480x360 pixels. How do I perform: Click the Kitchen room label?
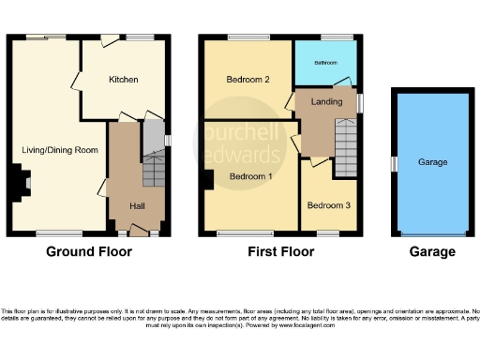coord(123,80)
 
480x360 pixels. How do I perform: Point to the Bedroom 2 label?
coord(248,81)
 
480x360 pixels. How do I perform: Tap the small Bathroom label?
coord(325,63)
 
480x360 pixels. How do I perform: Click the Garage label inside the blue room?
coord(432,161)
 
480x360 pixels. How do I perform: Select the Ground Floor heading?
coord(89,251)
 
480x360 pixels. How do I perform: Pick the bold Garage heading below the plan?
coord(432,251)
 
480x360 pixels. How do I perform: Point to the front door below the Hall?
coord(139,232)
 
